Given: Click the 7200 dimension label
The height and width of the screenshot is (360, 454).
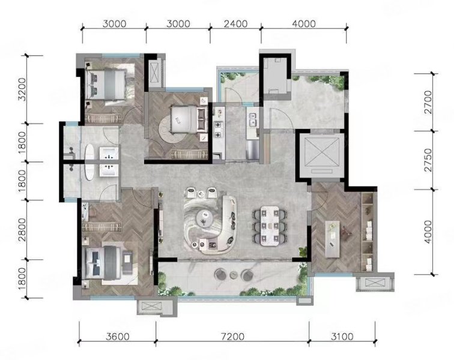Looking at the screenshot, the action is (232, 337).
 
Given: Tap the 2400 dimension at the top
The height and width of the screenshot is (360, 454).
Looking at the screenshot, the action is (235, 24).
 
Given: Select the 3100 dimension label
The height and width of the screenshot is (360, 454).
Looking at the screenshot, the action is (342, 337).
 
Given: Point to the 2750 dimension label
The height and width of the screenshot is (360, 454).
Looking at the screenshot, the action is (428, 160).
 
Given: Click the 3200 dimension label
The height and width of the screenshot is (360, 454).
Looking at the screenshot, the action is (22, 89).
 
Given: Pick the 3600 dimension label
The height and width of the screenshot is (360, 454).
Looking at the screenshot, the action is (118, 337).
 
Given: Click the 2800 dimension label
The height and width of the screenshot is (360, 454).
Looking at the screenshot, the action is (22, 230).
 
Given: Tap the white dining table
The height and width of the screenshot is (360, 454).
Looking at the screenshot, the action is (270, 226).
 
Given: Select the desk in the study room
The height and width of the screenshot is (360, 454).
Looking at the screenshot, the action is (333, 239).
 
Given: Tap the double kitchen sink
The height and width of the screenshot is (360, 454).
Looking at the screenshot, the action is (253, 120).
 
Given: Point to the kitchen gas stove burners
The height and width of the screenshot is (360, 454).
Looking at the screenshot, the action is (219, 130).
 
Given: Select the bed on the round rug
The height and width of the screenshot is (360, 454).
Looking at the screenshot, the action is (188, 119).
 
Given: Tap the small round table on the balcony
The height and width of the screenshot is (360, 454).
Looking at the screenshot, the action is (234, 275).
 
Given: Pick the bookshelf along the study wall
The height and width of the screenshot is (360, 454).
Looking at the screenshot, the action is (368, 232).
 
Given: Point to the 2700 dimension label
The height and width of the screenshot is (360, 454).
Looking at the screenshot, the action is (428, 102).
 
